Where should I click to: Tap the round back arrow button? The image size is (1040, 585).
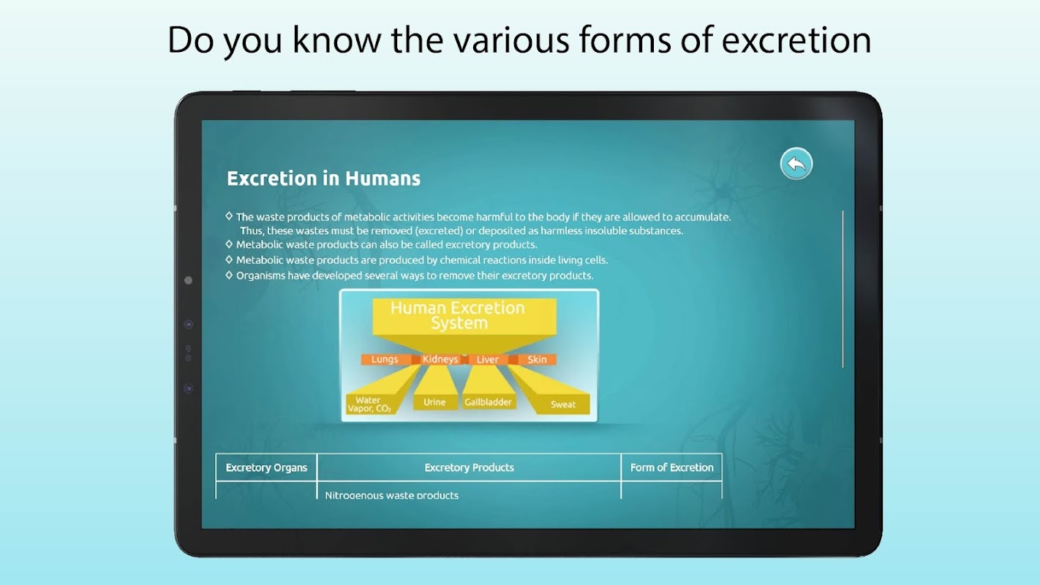click(x=796, y=163)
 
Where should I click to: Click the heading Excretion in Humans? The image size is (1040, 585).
click(x=323, y=178)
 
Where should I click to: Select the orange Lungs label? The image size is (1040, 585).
click(x=385, y=359)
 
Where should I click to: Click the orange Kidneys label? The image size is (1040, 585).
click(x=440, y=359)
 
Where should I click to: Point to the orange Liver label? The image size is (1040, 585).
click(x=487, y=359)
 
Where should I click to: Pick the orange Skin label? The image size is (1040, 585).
click(x=537, y=359)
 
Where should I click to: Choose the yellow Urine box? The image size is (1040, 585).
click(x=434, y=402)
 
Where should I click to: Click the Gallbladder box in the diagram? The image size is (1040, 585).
click(x=488, y=402)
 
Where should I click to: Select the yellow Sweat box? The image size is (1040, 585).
click(x=562, y=404)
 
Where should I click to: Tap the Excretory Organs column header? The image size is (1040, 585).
click(x=266, y=467)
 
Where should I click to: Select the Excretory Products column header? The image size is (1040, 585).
click(x=469, y=467)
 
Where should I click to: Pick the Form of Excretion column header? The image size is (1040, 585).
click(x=672, y=467)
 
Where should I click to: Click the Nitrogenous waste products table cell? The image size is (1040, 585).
click(x=392, y=495)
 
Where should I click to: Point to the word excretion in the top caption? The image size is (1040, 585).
click(x=796, y=40)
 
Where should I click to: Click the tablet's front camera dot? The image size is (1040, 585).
click(x=188, y=280)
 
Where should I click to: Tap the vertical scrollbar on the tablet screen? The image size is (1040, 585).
click(x=843, y=289)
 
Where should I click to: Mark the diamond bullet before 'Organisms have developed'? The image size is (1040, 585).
click(x=229, y=275)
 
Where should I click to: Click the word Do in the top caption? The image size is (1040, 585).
click(x=191, y=40)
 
